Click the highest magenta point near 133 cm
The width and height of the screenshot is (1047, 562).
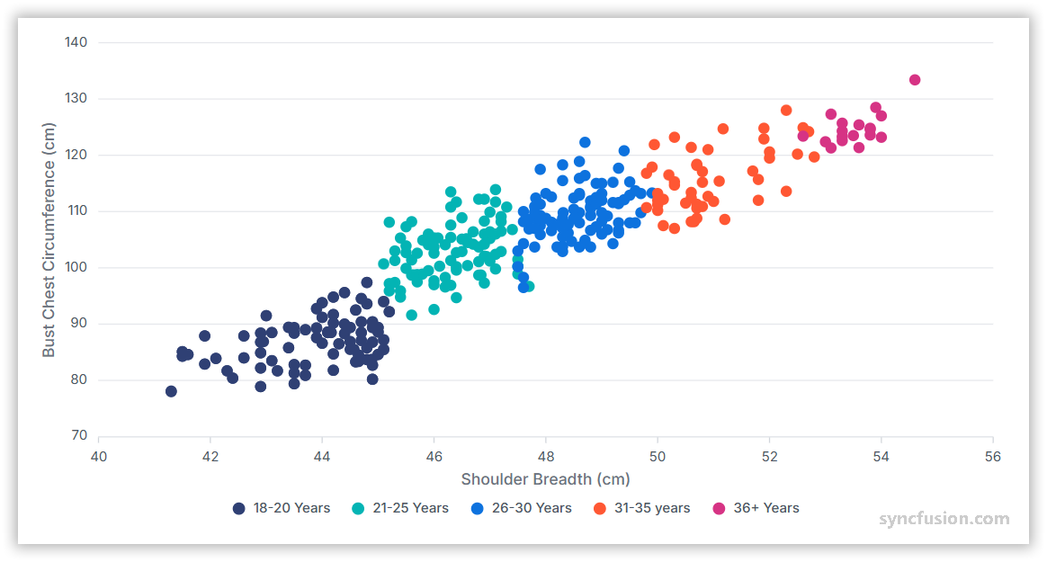(915, 80)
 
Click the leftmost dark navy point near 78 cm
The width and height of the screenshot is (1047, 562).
(171, 391)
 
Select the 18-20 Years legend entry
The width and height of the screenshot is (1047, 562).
(282, 508)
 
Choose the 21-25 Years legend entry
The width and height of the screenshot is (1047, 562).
(400, 508)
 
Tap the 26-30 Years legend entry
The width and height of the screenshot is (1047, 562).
(521, 508)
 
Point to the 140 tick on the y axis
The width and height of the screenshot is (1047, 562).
(76, 42)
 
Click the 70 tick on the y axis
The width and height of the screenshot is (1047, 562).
(79, 436)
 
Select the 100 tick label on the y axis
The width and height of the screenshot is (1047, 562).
(76, 267)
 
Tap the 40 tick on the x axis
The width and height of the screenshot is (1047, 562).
(99, 456)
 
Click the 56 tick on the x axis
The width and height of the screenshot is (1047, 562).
(993, 456)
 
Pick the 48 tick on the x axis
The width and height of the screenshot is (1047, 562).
(546, 456)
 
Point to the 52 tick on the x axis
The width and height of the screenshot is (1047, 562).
(769, 456)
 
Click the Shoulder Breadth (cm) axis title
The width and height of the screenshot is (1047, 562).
(545, 479)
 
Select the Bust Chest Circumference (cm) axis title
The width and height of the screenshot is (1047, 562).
(49, 240)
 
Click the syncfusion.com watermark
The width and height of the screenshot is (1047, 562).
(944, 519)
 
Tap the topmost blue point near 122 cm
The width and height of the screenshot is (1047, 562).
(585, 142)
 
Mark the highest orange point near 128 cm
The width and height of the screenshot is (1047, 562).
(786, 111)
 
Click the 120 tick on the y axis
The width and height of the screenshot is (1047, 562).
(76, 155)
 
